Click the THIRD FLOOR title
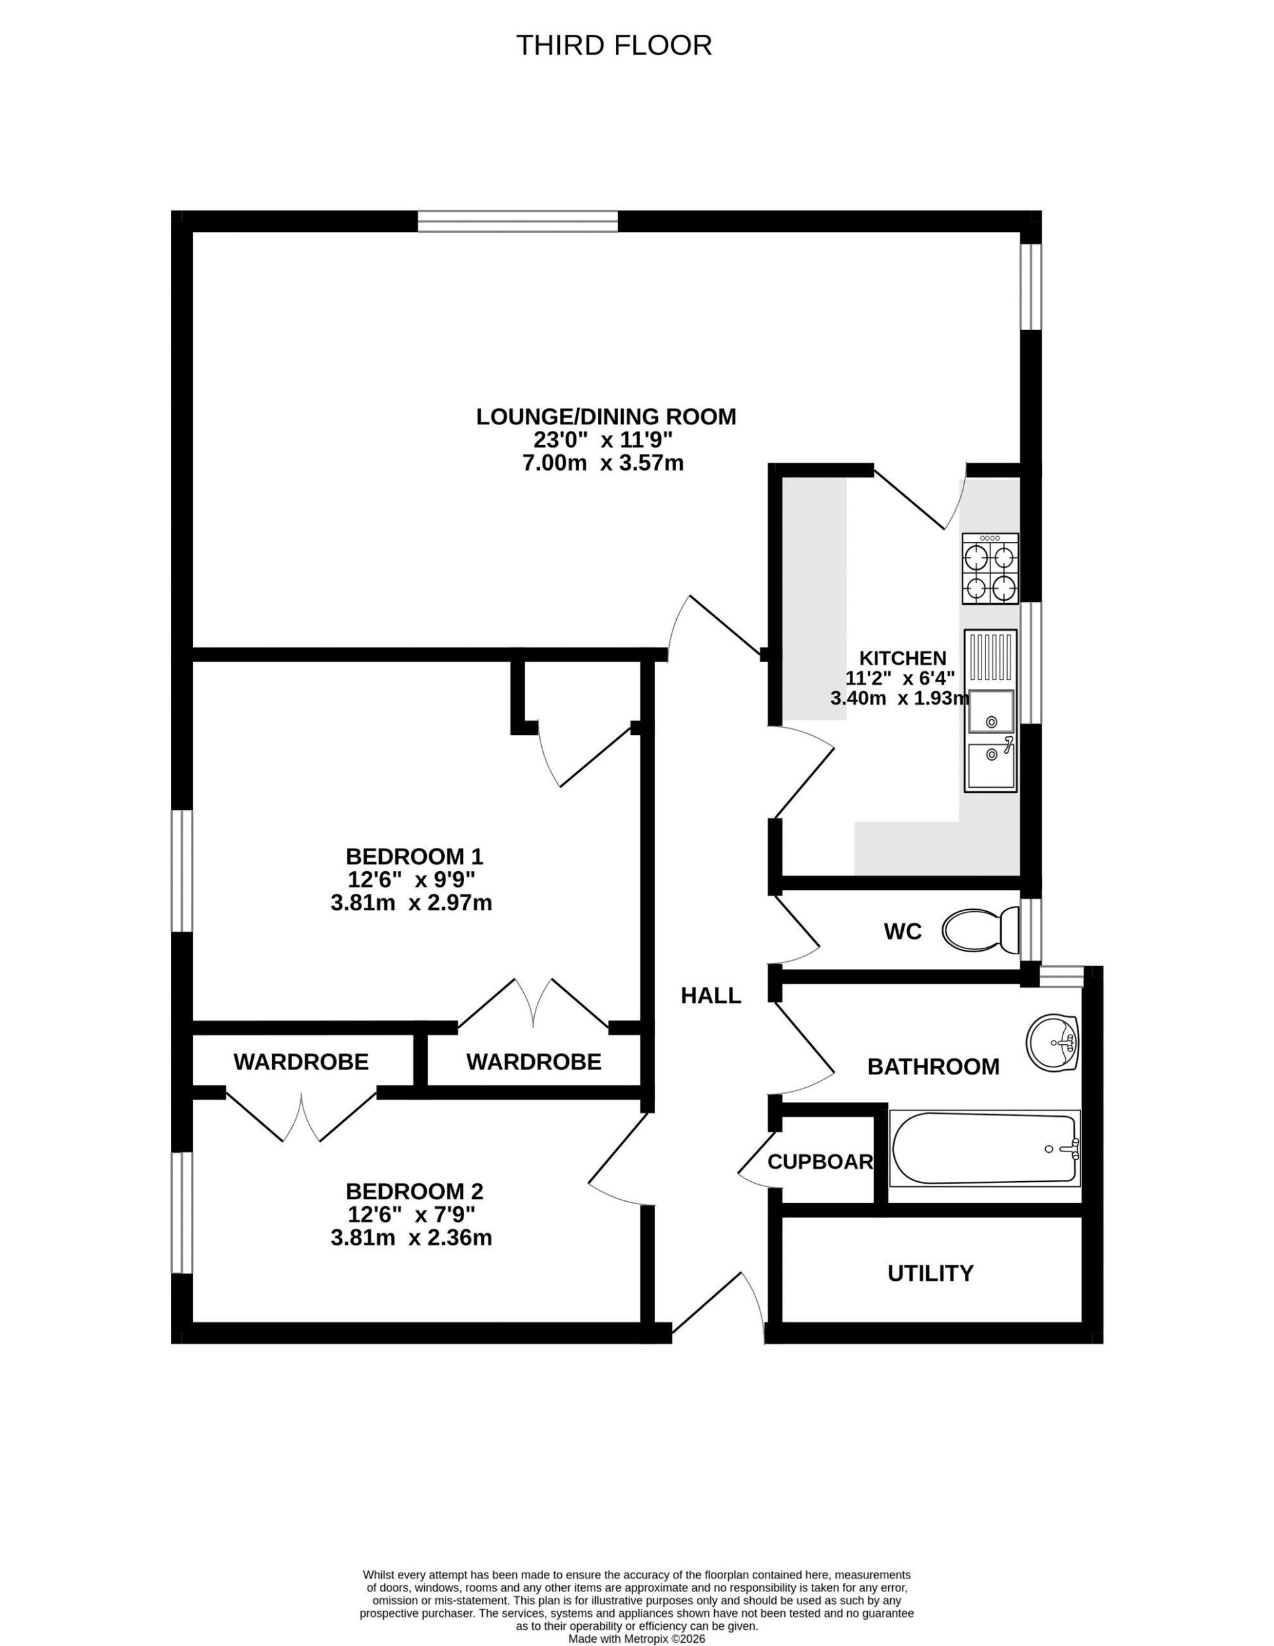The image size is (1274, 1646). tap(613, 45)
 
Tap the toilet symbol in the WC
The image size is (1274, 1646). tap(980, 930)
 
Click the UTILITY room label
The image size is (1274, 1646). tap(931, 1273)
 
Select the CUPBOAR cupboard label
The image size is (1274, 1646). tap(820, 1161)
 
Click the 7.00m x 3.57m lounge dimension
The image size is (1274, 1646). tap(604, 463)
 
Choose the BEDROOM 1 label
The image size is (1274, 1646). tap(415, 856)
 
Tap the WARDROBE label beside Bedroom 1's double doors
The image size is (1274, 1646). tap(534, 1062)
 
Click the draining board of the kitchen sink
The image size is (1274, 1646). tap(990, 658)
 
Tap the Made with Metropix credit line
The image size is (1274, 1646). tap(636, 1638)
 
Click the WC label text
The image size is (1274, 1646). tap(902, 932)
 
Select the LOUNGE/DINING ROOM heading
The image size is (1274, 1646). tap(606, 416)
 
